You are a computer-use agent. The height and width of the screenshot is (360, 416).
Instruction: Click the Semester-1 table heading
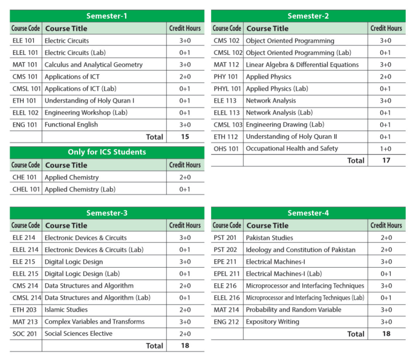click(x=107, y=16)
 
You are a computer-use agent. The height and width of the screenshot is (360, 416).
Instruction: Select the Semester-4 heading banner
click(x=308, y=213)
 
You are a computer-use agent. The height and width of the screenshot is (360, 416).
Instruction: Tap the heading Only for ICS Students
click(x=107, y=152)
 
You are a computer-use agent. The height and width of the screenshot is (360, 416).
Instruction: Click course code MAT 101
click(x=25, y=65)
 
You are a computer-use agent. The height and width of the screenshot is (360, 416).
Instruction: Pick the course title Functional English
click(x=71, y=124)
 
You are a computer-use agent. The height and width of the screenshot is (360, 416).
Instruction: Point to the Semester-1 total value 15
click(x=184, y=137)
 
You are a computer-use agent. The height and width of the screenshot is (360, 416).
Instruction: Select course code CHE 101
click(x=25, y=178)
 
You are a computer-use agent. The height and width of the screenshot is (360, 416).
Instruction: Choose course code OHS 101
click(x=226, y=149)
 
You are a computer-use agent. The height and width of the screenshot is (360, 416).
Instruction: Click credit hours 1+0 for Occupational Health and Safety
click(x=386, y=149)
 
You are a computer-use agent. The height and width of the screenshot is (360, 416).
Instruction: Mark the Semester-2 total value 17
click(x=386, y=161)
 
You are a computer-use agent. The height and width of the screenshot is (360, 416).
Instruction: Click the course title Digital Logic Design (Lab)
click(x=82, y=274)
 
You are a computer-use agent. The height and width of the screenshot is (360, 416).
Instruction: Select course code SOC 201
click(x=25, y=333)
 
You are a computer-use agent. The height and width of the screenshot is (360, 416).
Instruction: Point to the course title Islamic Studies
click(x=67, y=310)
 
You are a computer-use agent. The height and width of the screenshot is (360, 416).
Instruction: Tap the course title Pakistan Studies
click(x=269, y=238)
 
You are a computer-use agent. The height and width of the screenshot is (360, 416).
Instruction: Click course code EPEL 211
click(x=227, y=274)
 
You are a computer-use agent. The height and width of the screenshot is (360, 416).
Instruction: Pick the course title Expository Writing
click(x=272, y=322)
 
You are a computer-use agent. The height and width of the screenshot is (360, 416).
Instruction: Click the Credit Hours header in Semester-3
click(x=185, y=225)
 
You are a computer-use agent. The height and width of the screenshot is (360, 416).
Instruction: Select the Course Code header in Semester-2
click(x=227, y=28)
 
